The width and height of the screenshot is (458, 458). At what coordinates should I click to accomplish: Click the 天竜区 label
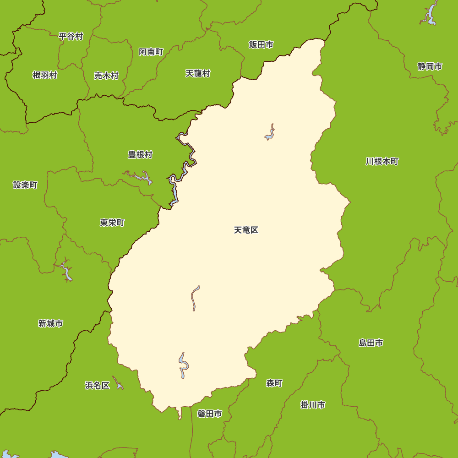pyautogui.click(x=246, y=230)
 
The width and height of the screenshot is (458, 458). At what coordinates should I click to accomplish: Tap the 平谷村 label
pyautogui.click(x=71, y=36)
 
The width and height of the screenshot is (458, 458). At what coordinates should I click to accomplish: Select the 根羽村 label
pyautogui.click(x=45, y=75)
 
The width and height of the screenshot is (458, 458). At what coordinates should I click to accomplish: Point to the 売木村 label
pyautogui.click(x=106, y=76)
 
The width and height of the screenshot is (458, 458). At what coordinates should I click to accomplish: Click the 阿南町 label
pyautogui.click(x=151, y=52)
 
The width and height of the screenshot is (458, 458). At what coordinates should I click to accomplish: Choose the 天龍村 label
pyautogui.click(x=197, y=73)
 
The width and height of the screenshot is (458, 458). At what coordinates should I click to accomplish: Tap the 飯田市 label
pyautogui.click(x=261, y=44)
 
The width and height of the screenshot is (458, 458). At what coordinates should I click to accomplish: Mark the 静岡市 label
pyautogui.click(x=430, y=66)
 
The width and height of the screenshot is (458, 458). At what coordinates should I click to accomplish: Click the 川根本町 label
pyautogui.click(x=382, y=161)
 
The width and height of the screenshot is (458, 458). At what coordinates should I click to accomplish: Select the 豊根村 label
pyautogui.click(x=140, y=154)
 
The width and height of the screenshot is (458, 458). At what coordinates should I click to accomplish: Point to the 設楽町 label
pyautogui.click(x=25, y=185)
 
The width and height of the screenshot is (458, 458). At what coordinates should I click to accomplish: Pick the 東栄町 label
pyautogui.click(x=112, y=223)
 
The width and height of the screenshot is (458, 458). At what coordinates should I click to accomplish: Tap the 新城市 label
pyautogui.click(x=50, y=323)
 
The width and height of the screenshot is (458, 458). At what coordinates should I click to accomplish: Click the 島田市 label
pyautogui.click(x=371, y=343)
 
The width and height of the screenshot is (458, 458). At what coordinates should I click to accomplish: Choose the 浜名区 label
pyautogui.click(x=97, y=385)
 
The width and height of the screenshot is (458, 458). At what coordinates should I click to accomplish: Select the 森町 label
pyautogui.click(x=274, y=383)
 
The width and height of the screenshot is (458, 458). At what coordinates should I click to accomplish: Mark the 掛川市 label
pyautogui.click(x=313, y=405)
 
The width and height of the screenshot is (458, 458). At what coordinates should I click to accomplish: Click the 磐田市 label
pyautogui.click(x=209, y=414)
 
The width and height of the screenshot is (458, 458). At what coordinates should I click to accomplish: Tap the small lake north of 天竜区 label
pyautogui.click(x=270, y=133)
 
